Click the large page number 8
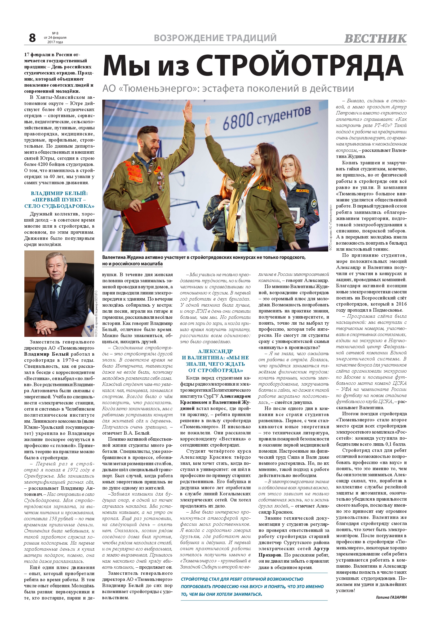tap(32, 38)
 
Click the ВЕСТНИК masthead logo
tap(375, 38)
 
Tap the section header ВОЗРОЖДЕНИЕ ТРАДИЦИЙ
tap(215, 38)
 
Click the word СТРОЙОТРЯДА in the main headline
tap(300, 66)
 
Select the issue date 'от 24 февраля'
tap(55, 38)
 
